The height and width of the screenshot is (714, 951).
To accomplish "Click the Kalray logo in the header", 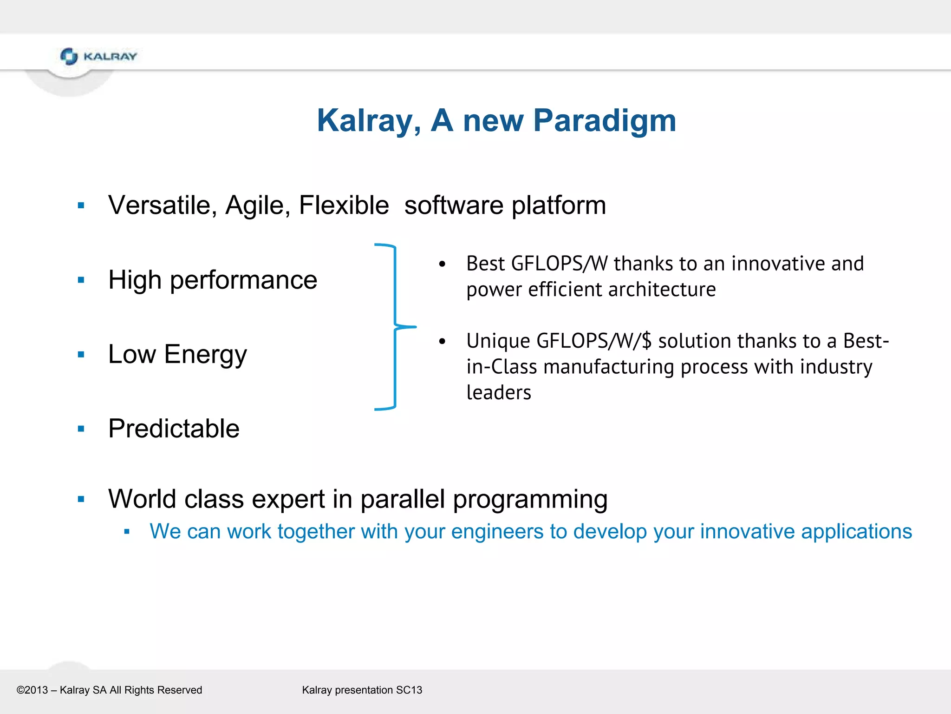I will [98, 56].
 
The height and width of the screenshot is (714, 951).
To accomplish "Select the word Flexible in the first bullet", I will [344, 205].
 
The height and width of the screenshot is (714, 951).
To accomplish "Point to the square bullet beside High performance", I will [81, 280].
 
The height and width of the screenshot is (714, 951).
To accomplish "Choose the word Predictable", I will [174, 429].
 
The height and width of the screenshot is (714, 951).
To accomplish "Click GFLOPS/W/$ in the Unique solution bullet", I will [594, 341].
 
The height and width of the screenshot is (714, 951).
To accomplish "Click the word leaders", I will [498, 393].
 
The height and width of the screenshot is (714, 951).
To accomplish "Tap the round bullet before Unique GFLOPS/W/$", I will [442, 342].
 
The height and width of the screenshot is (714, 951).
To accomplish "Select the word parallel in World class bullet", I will [402, 499].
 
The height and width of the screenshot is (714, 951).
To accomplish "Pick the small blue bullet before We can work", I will [127, 532].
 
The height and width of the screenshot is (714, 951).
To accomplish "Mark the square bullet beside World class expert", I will [81, 500].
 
